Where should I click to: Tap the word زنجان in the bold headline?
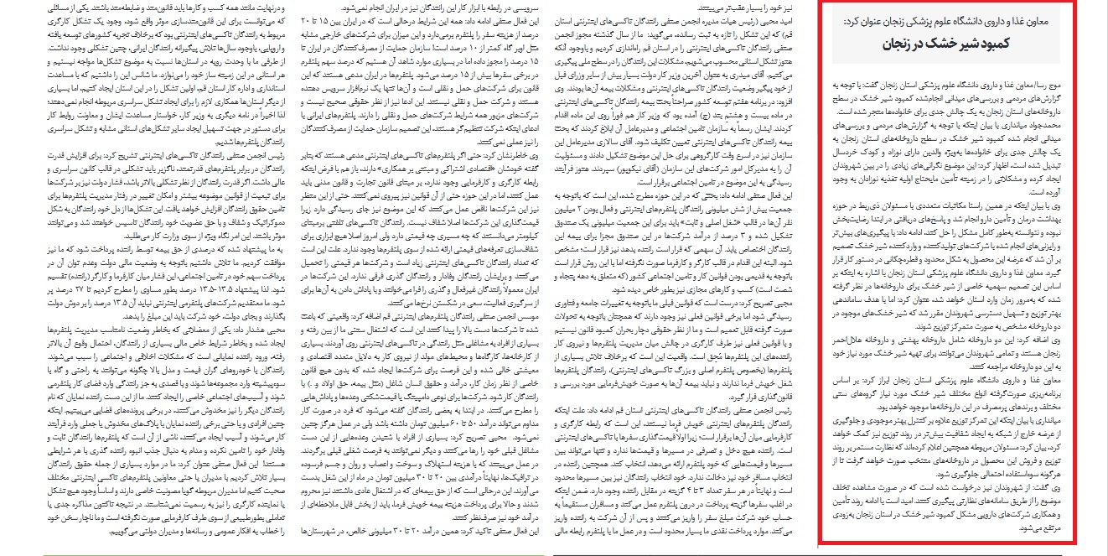point(901,43)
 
